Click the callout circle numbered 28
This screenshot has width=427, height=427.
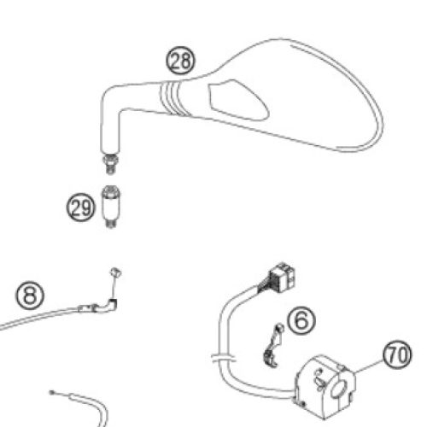(181, 61)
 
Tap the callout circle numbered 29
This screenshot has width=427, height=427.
(80, 208)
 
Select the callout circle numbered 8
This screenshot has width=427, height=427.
(30, 295)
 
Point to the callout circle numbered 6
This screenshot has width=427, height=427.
(301, 320)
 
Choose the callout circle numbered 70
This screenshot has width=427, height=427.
(397, 355)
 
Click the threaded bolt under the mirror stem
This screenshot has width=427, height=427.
(111, 164)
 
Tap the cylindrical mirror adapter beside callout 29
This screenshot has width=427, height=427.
(111, 207)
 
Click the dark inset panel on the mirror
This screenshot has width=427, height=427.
(238, 100)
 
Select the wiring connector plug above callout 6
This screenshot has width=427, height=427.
(282, 278)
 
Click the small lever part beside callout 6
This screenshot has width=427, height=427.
(273, 345)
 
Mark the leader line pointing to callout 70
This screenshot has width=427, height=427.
(368, 366)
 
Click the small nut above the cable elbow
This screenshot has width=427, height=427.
(116, 272)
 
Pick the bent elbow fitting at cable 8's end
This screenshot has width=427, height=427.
(109, 305)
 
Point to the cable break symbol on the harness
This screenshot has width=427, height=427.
(224, 358)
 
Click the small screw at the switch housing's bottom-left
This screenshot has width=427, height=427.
(302, 403)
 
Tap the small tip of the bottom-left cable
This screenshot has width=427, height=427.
(52, 393)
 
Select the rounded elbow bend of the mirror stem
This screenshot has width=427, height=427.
(109, 96)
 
